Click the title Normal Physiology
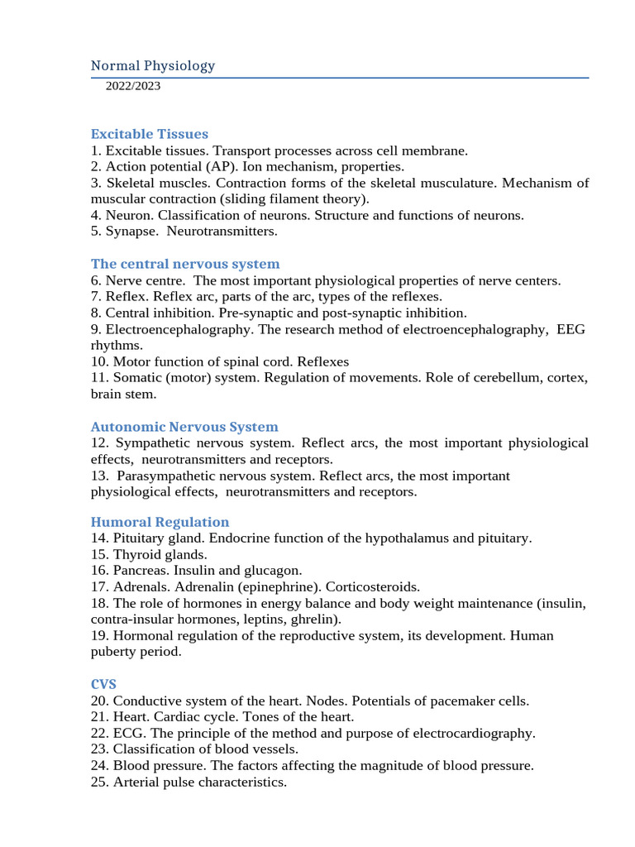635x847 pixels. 153,65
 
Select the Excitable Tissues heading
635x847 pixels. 150,134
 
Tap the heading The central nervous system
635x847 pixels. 185,264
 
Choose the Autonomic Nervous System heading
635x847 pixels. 184,427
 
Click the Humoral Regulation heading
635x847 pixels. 160,522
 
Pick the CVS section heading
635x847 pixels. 103,685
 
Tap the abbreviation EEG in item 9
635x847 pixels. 571,329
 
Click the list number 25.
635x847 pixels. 98,782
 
